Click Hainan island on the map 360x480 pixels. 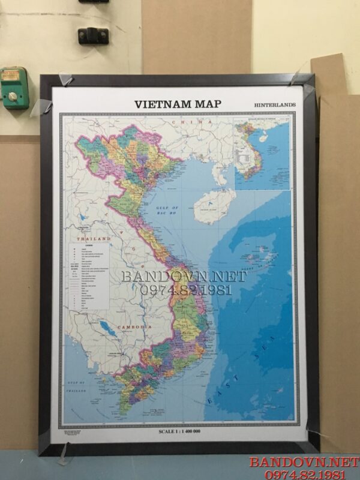[214, 206]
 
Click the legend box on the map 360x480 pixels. [90, 275]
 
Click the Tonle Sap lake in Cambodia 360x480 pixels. [107, 328]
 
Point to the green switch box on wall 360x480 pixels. [14, 88]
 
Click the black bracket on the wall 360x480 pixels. [93, 35]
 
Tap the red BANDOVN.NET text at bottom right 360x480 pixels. [304, 461]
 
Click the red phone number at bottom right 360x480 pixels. [304, 473]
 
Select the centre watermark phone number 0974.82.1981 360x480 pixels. [184, 290]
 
